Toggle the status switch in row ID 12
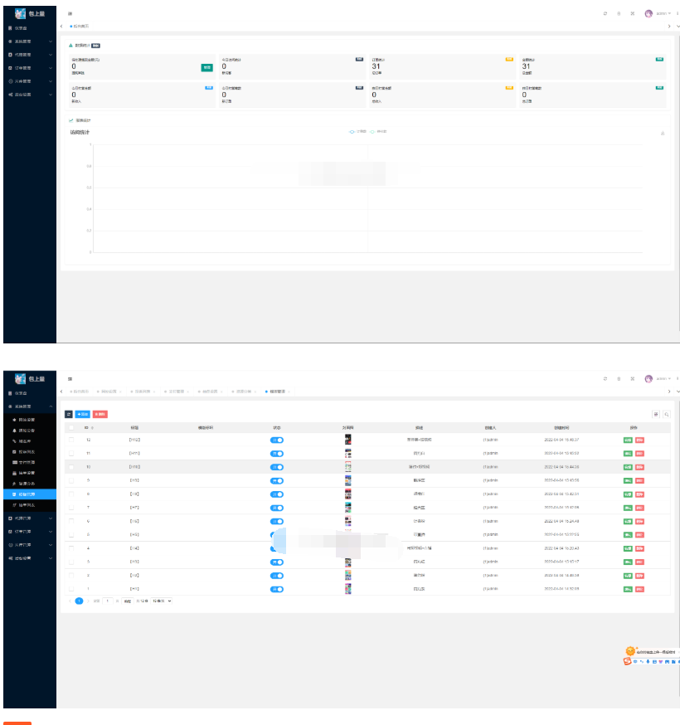pyautogui.click(x=277, y=440)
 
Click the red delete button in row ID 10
pyautogui.click(x=639, y=467)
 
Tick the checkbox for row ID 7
pyautogui.click(x=71, y=507)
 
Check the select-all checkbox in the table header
pyautogui.click(x=71, y=427)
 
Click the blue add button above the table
pyautogui.click(x=83, y=413)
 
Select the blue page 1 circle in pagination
pyautogui.click(x=80, y=600)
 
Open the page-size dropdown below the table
pyautogui.click(x=163, y=600)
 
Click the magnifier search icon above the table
pyautogui.click(x=666, y=413)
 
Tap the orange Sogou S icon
pyautogui.click(x=628, y=661)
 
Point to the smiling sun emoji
pyautogui.click(x=630, y=651)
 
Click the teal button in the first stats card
pyautogui.click(x=206, y=67)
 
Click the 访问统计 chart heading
pyautogui.click(x=80, y=132)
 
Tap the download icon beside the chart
pyautogui.click(x=663, y=133)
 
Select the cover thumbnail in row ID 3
pyautogui.click(x=348, y=575)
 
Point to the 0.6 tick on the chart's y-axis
pyautogui.click(x=90, y=187)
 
